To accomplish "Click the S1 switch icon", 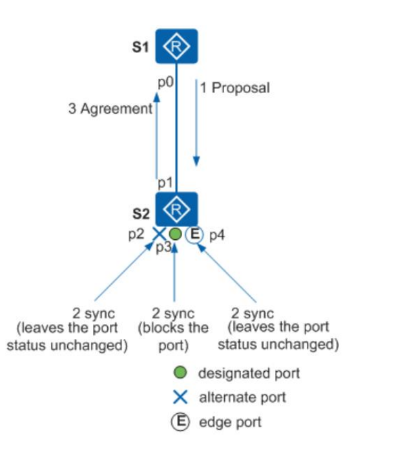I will pyautogui.click(x=176, y=46).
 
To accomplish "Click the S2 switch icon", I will pyautogui.click(x=176, y=209).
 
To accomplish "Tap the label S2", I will pyautogui.click(x=140, y=212).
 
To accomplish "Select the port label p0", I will pyautogui.click(x=165, y=82).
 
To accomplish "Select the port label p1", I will pyautogui.click(x=165, y=184).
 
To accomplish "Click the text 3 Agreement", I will pyautogui.click(x=110, y=109).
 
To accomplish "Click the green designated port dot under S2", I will pyautogui.click(x=175, y=234).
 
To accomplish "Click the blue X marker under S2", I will pyautogui.click(x=158, y=234).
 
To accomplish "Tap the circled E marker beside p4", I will pyautogui.click(x=194, y=234).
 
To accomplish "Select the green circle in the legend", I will pyautogui.click(x=181, y=373).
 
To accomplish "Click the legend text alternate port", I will pyautogui.click(x=242, y=397).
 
